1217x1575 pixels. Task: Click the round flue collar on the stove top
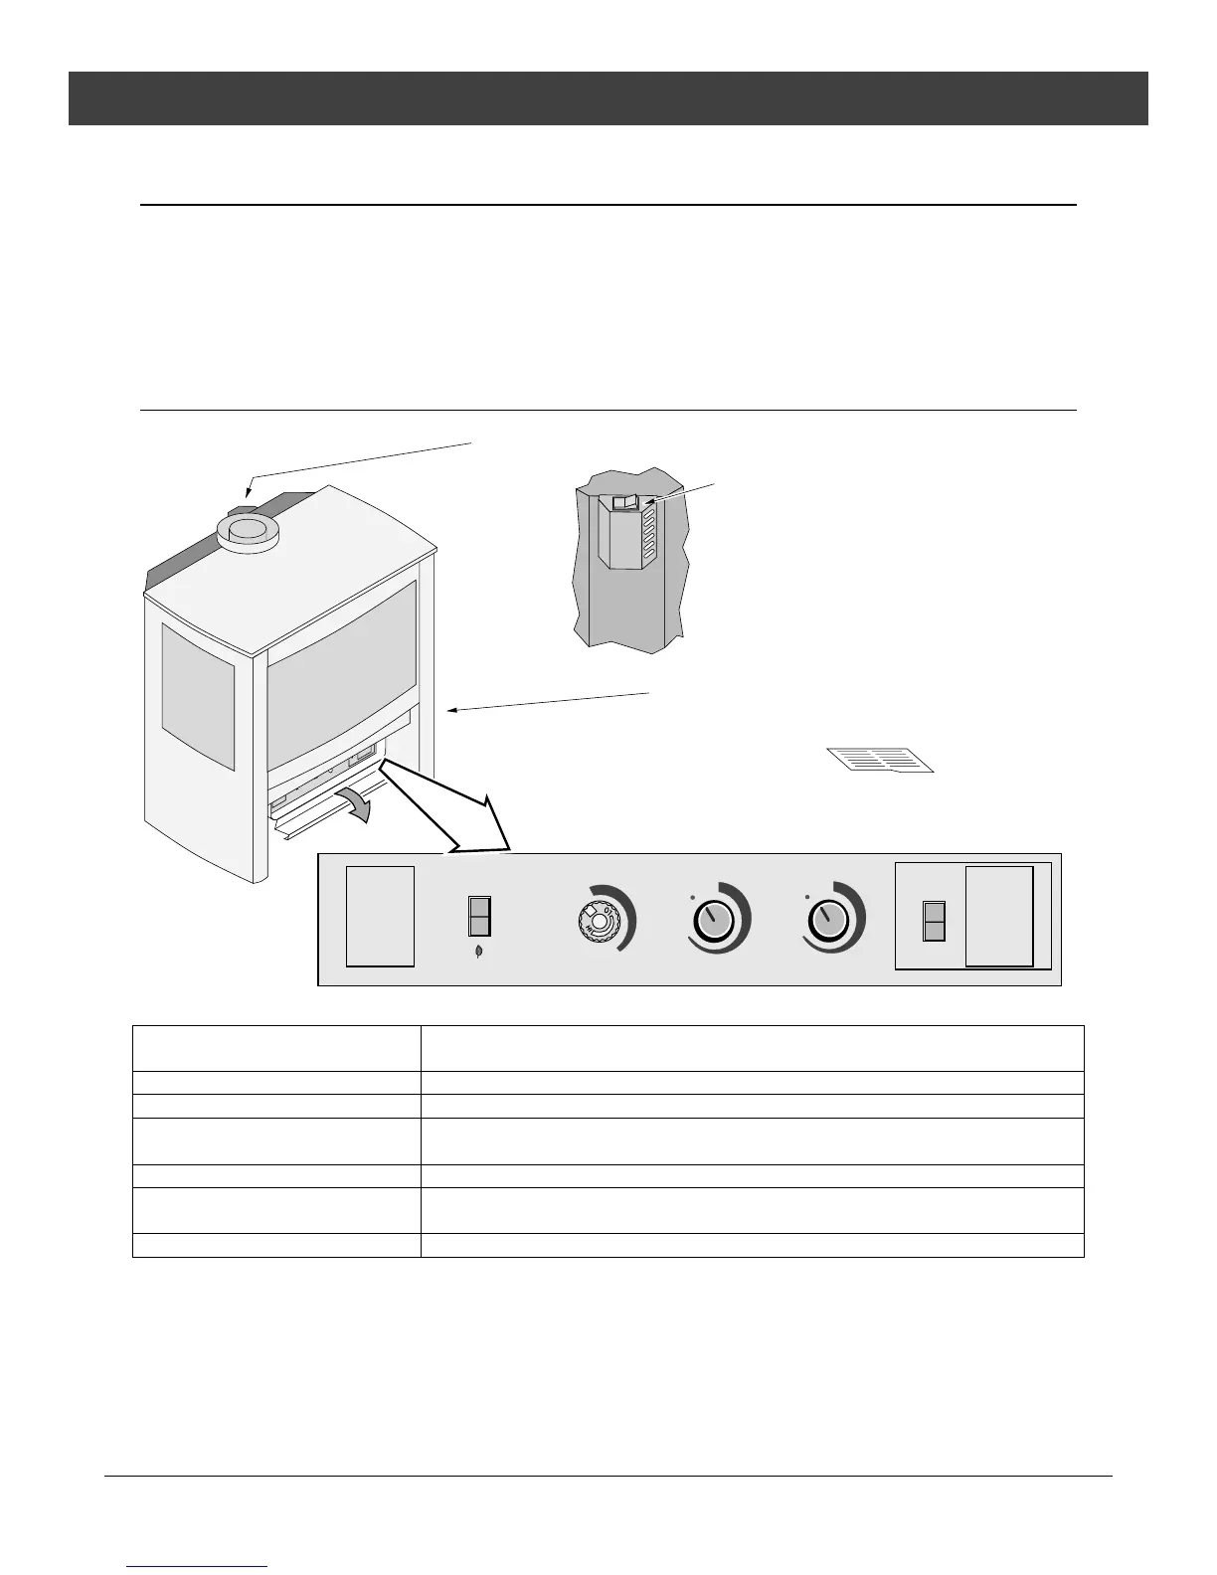[249, 533]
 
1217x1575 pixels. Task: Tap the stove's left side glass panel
[198, 696]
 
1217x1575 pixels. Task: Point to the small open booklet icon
[881, 760]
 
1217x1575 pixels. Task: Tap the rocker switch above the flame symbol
[479, 916]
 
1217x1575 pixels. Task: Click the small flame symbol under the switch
[479, 952]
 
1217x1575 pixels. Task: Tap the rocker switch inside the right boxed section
[934, 922]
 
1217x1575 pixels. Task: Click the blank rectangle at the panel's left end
[380, 916]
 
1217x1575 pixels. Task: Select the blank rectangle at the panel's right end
[999, 916]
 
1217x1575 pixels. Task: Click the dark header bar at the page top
[608, 97]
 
